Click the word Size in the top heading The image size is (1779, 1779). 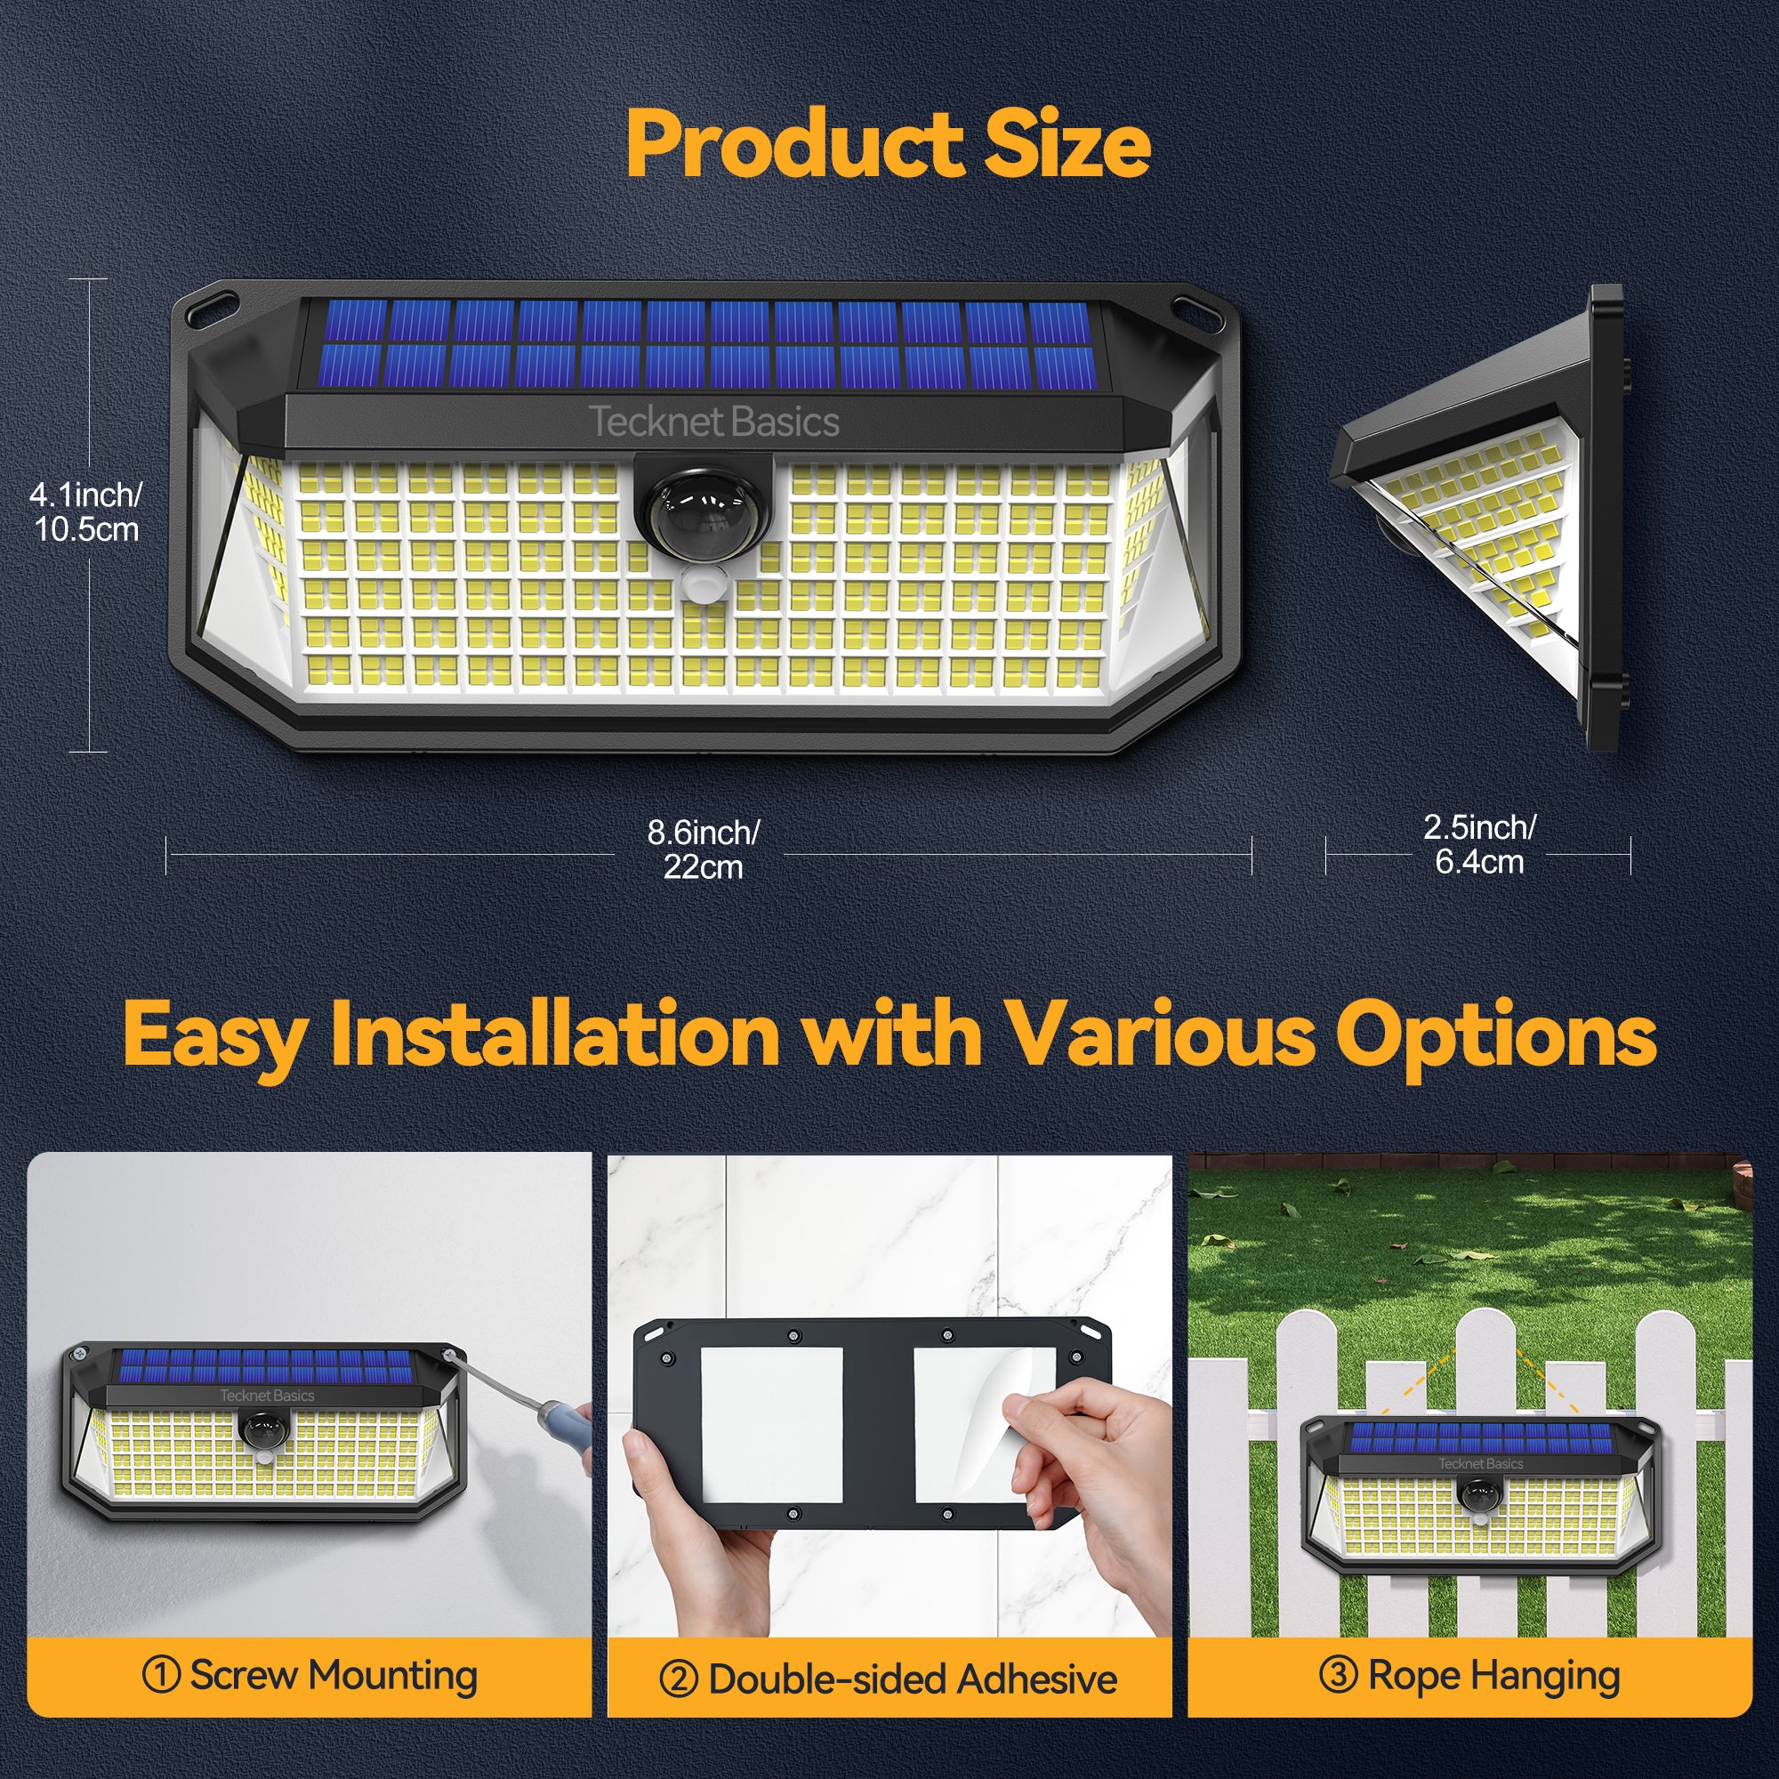1067,146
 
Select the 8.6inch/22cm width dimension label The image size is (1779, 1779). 703,849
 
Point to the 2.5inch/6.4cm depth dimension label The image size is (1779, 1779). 1479,844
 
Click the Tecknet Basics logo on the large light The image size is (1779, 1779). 713,423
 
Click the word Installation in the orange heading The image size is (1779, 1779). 561,1035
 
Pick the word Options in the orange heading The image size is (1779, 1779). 1495,1035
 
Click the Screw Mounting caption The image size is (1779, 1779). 310,1675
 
